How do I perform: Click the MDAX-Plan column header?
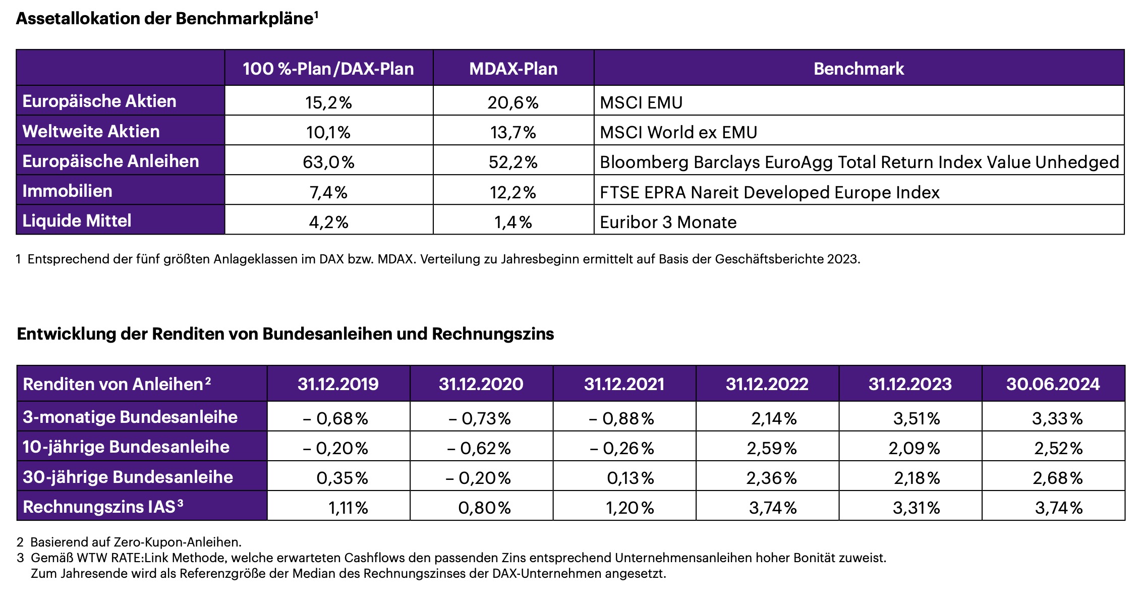tap(513, 69)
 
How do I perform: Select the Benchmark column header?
tap(859, 69)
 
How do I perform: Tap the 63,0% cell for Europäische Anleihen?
tap(328, 162)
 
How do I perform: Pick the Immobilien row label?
tap(68, 191)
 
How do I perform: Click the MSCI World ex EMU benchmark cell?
tap(678, 132)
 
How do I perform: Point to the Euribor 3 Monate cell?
tap(668, 222)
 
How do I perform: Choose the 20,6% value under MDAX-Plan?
tap(513, 102)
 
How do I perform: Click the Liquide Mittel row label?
tap(77, 221)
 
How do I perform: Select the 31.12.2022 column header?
tap(767, 384)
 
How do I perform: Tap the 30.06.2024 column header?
tap(1053, 384)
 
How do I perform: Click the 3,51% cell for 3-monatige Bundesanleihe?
tap(917, 418)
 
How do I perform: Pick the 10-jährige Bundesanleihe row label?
tap(126, 447)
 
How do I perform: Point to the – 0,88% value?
tap(621, 418)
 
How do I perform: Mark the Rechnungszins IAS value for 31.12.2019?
tap(348, 508)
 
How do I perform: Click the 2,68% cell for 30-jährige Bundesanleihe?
tap(1058, 478)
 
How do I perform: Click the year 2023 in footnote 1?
tap(842, 259)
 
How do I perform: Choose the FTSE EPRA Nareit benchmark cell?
tap(769, 192)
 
